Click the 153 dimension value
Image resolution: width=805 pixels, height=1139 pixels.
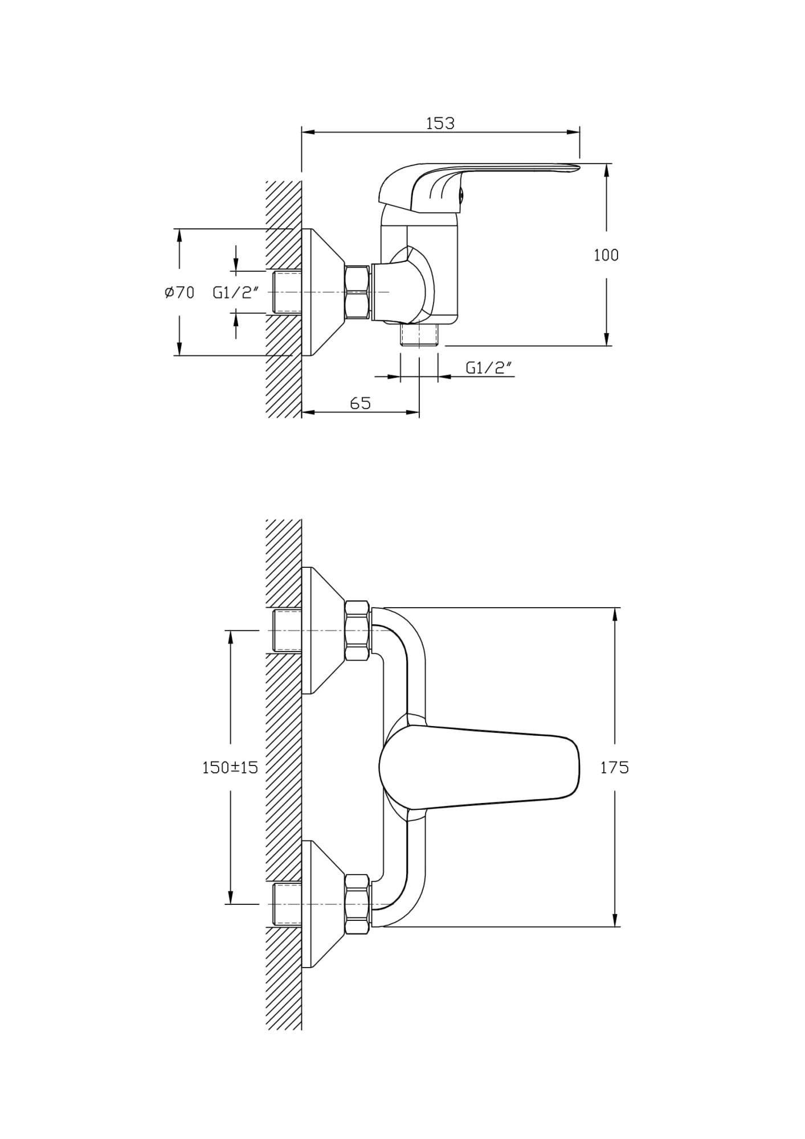pyautogui.click(x=440, y=123)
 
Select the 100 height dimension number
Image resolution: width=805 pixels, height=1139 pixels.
pyautogui.click(x=606, y=255)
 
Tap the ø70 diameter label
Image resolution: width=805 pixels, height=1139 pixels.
pyautogui.click(x=179, y=293)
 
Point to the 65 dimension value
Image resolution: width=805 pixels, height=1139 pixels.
pyautogui.click(x=360, y=403)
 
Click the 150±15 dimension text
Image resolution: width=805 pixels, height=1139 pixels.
pyautogui.click(x=230, y=768)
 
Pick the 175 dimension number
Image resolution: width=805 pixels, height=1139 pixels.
pyautogui.click(x=614, y=768)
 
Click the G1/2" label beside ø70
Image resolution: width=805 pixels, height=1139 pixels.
pyautogui.click(x=236, y=293)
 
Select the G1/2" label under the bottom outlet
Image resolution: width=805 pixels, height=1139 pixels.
pyautogui.click(x=489, y=368)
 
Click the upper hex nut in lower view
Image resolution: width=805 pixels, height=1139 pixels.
pyautogui.click(x=358, y=630)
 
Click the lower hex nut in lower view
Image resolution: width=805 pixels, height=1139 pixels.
pyautogui.click(x=358, y=904)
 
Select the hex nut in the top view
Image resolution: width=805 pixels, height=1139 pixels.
pyautogui.click(x=358, y=292)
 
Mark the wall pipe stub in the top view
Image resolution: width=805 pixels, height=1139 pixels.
pyautogui.click(x=288, y=292)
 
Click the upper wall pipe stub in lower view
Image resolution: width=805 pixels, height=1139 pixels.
pyautogui.click(x=288, y=630)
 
